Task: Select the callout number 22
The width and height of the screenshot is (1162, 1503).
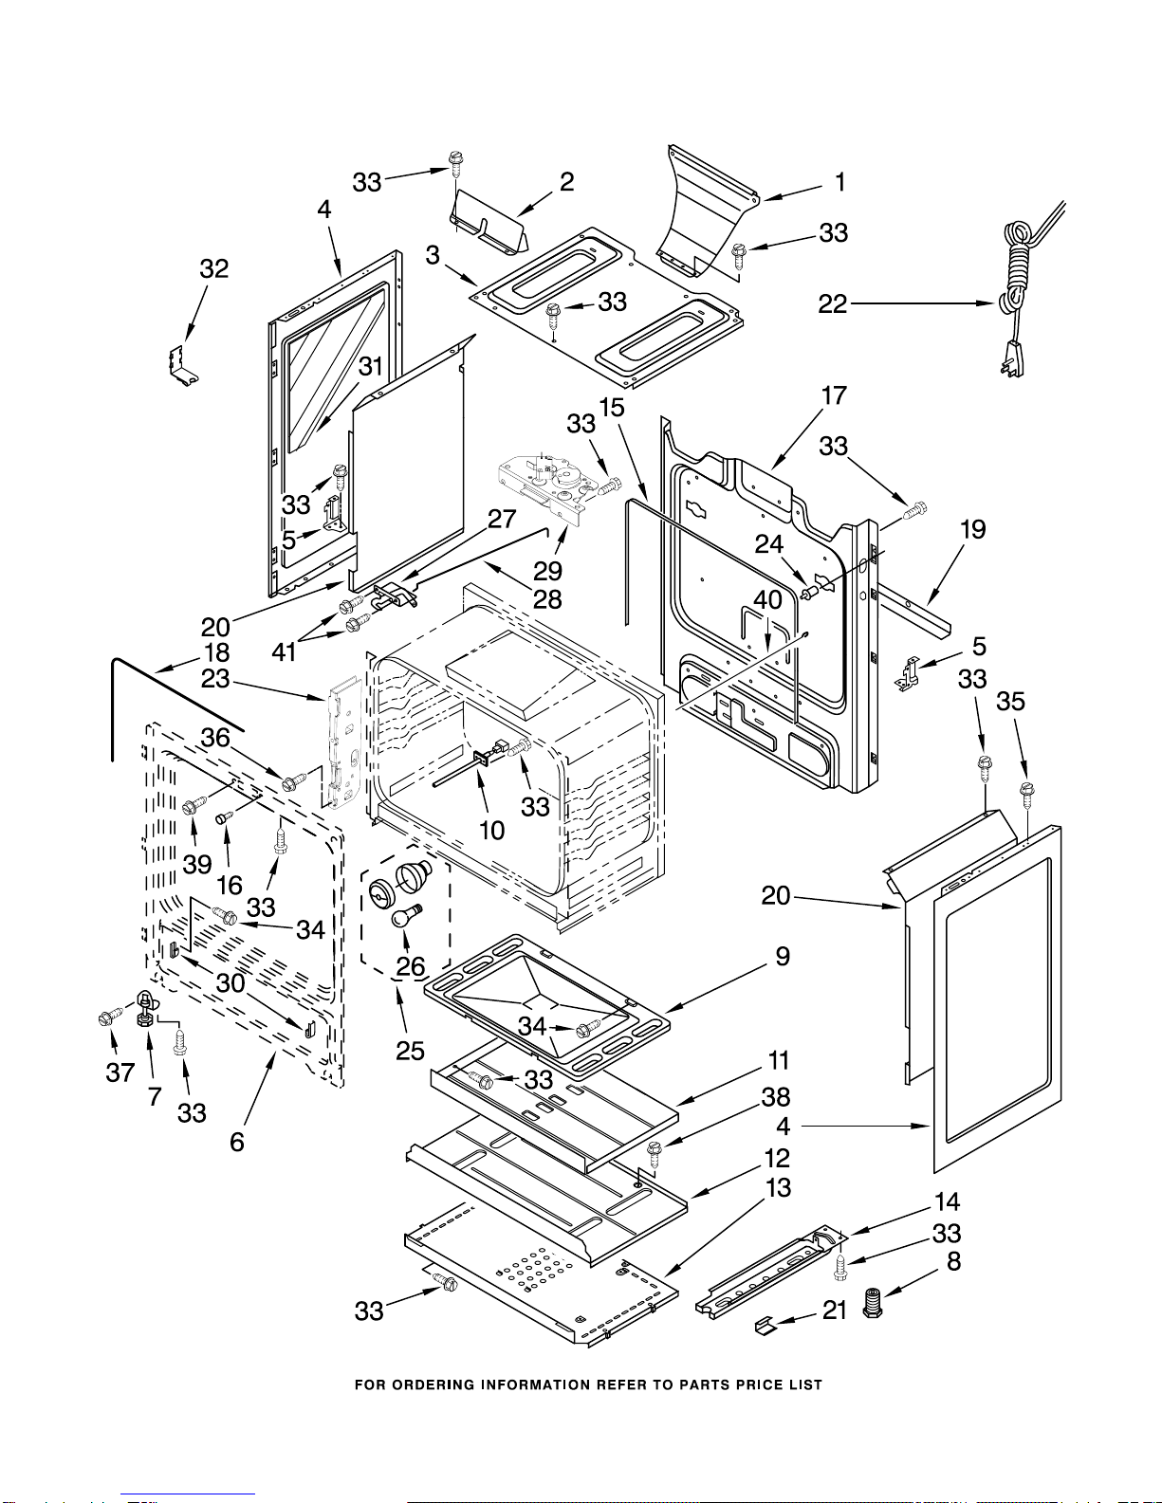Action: pos(832,303)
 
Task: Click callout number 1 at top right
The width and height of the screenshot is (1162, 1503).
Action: pos(839,182)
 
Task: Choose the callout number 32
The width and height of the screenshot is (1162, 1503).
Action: pos(214,268)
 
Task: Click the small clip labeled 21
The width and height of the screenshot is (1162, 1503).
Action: pos(765,1325)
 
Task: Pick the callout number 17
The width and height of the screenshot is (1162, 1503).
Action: pos(834,395)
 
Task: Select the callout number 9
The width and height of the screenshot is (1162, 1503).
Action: pos(783,956)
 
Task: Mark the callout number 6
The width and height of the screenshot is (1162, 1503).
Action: pos(237,1142)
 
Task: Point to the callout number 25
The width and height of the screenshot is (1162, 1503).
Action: pos(410,1051)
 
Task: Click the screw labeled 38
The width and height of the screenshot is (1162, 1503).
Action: pos(654,1151)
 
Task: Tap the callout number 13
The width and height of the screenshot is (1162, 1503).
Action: pos(778,1187)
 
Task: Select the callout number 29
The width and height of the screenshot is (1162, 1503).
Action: pos(547,571)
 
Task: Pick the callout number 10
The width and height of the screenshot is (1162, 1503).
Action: pos(491,831)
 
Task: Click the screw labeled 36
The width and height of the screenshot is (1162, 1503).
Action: pos(292,780)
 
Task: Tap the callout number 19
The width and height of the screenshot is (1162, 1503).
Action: pos(973,529)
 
